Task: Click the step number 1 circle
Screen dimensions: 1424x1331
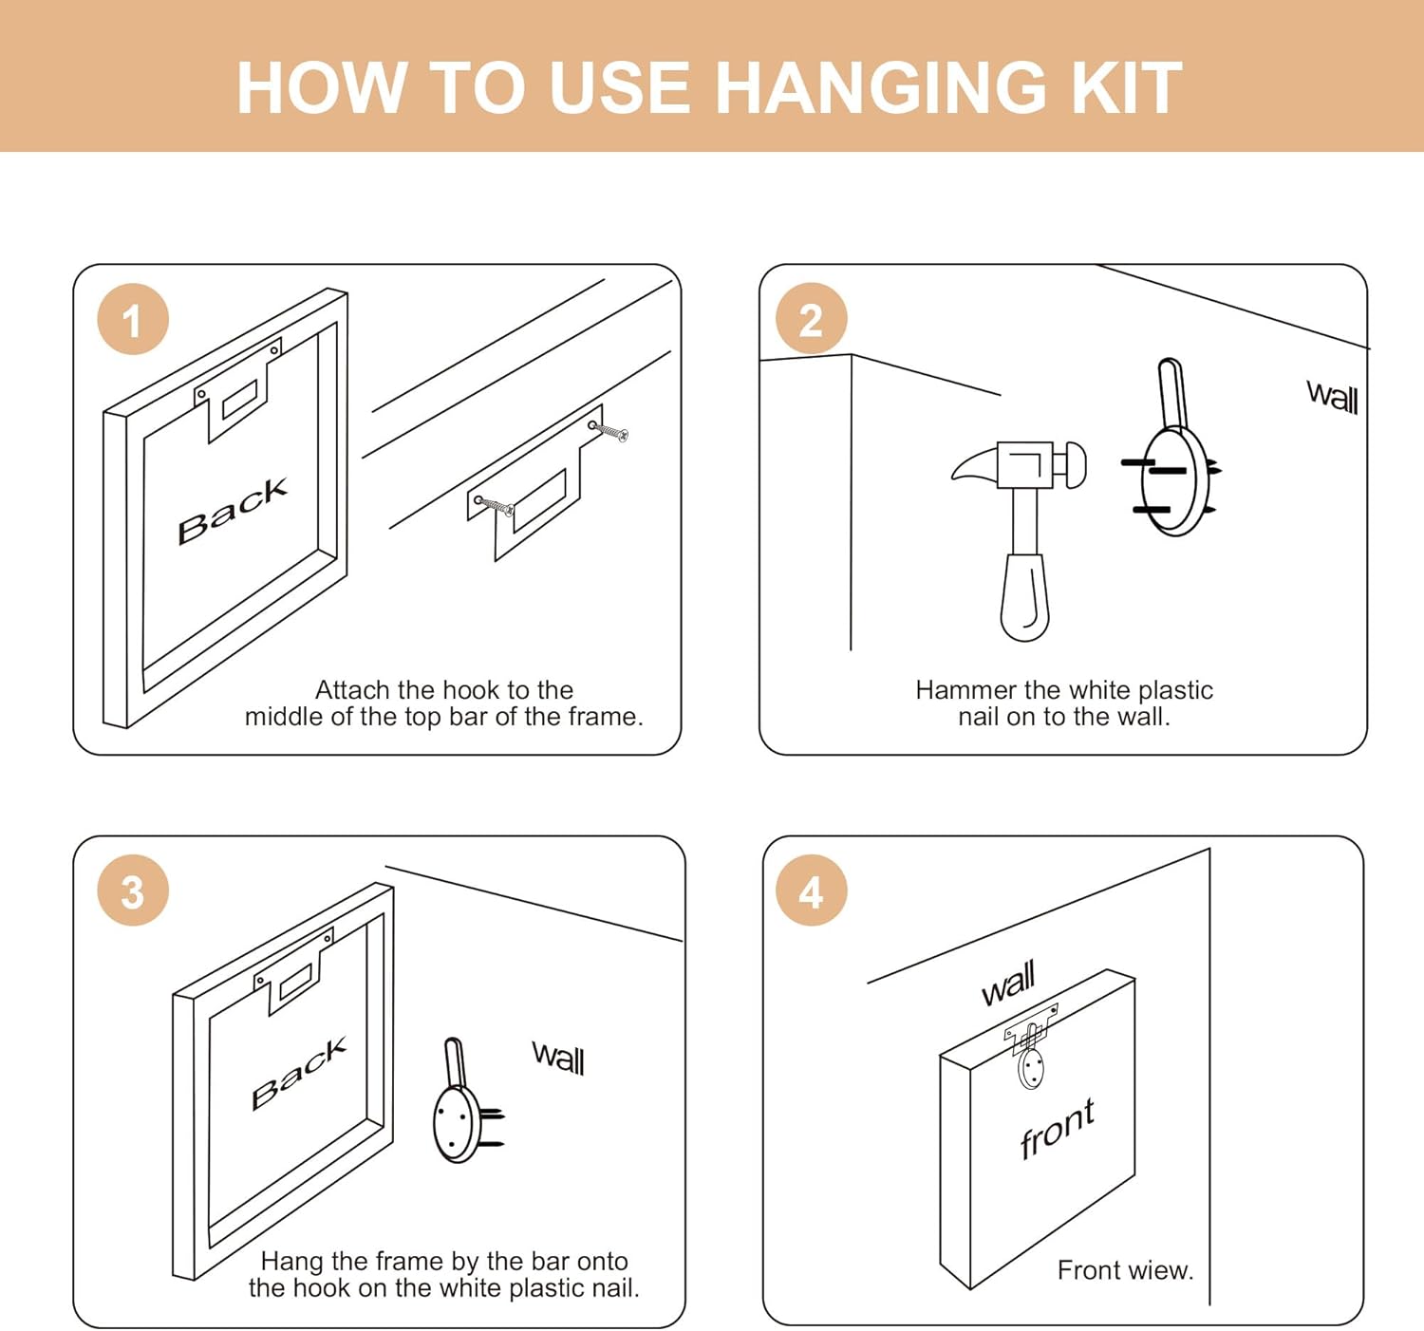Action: click(x=133, y=319)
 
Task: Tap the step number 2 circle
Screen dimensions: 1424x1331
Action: click(x=811, y=318)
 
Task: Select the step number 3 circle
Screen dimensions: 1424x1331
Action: click(x=133, y=890)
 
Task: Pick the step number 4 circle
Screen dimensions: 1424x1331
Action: click(x=811, y=890)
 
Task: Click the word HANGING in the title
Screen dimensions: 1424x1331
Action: click(x=881, y=87)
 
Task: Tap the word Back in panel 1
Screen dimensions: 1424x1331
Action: click(x=233, y=510)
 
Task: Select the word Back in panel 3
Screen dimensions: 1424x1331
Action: click(x=299, y=1074)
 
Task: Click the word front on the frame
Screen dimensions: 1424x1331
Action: click(x=1057, y=1129)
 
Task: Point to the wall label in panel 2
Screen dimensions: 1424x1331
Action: click(x=1332, y=397)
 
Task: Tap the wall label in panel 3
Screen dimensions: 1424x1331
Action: click(x=558, y=1058)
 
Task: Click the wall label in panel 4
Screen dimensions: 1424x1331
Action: click(x=1008, y=984)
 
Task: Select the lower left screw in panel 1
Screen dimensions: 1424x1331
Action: click(x=494, y=505)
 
